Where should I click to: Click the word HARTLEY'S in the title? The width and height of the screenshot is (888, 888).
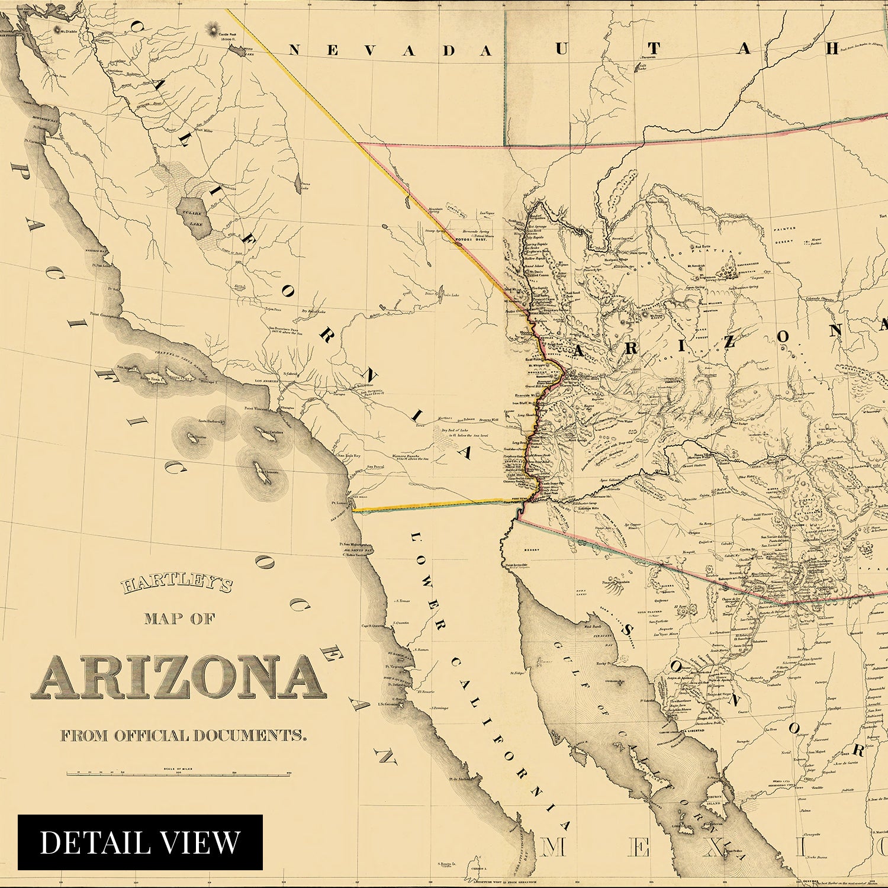[x=177, y=586]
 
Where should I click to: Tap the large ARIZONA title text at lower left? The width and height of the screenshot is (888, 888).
[x=179, y=677]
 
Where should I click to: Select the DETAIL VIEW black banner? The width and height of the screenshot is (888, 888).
[x=140, y=842]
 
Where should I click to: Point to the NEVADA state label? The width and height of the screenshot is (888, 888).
[x=391, y=51]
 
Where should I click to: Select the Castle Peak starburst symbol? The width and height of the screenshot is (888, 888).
[x=212, y=29]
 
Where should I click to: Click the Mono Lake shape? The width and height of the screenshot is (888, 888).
[x=240, y=51]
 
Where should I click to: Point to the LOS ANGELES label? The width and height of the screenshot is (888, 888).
[x=266, y=381]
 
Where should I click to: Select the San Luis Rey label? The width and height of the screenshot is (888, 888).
[x=349, y=456]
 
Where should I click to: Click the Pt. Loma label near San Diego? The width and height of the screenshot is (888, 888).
[x=338, y=503]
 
